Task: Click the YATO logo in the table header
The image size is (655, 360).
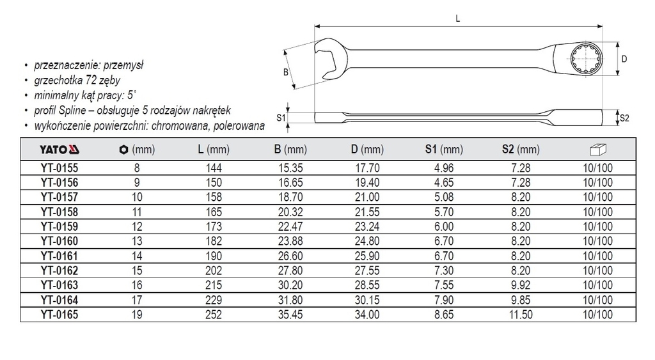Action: pyautogui.click(x=59, y=150)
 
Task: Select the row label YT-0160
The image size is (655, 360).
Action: pyautogui.click(x=59, y=242)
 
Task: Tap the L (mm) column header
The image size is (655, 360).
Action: pyautogui.click(x=214, y=150)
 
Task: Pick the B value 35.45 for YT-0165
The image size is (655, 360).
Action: pyautogui.click(x=290, y=315)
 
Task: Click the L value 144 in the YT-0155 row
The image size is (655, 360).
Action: pyautogui.click(x=214, y=168)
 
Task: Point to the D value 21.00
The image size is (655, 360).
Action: pyautogui.click(x=367, y=197)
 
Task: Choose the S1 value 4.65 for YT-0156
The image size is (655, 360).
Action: pyautogui.click(x=444, y=182)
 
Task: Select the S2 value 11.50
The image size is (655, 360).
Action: pyautogui.click(x=521, y=315)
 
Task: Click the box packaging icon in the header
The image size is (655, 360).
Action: pyautogui.click(x=598, y=149)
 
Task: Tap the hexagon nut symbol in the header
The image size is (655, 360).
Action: pyautogui.click(x=123, y=150)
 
